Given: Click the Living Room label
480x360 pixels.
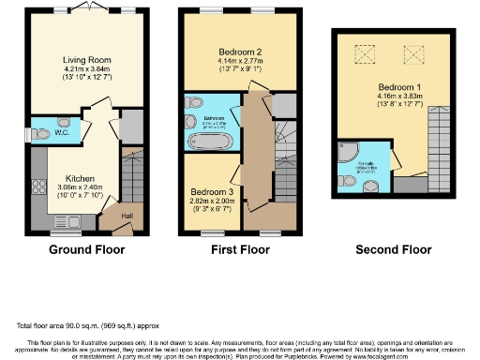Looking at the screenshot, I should [x=82, y=56].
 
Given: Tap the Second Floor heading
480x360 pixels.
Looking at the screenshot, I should [x=394, y=250].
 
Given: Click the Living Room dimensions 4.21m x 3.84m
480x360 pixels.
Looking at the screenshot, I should [x=82, y=67].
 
